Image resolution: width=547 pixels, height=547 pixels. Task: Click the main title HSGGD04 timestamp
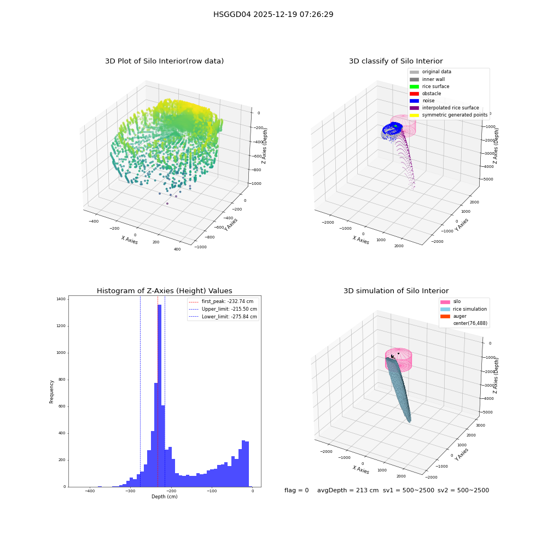pyautogui.click(x=273, y=14)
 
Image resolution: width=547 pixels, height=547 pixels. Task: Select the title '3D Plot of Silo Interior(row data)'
pyautogui.click(x=164, y=61)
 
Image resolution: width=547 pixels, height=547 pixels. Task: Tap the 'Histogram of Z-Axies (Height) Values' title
pyautogui.click(x=164, y=290)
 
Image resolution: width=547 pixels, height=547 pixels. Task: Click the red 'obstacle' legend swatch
pyautogui.click(x=414, y=94)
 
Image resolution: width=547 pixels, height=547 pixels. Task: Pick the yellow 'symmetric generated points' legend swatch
pyautogui.click(x=414, y=115)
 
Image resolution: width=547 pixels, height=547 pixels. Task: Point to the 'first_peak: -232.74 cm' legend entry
pyautogui.click(x=221, y=301)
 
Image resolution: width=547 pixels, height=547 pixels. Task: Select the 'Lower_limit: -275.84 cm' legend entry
pyautogui.click(x=223, y=317)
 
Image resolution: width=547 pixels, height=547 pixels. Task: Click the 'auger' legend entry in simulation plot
pyautogui.click(x=453, y=316)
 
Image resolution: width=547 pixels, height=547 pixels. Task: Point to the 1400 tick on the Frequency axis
pyautogui.click(x=61, y=299)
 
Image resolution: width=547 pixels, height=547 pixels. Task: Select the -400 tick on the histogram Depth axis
pyautogui.click(x=90, y=491)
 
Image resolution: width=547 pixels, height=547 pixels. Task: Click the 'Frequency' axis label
pyautogui.click(x=51, y=392)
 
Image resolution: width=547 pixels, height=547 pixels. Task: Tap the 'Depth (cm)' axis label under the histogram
pyautogui.click(x=165, y=497)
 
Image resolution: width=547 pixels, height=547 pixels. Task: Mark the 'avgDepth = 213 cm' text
pyautogui.click(x=348, y=490)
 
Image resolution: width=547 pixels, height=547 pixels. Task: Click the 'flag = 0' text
pyautogui.click(x=296, y=490)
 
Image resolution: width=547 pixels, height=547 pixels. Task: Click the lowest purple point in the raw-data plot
pyautogui.click(x=167, y=203)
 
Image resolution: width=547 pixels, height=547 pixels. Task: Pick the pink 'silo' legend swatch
pyautogui.click(x=445, y=302)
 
